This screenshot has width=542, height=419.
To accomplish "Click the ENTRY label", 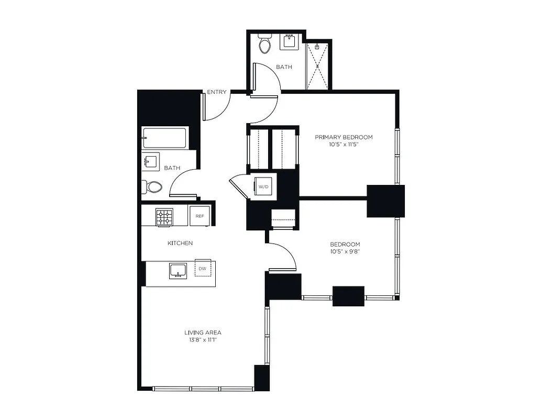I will click(x=217, y=92).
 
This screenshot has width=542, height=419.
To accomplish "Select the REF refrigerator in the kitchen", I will click(x=200, y=216).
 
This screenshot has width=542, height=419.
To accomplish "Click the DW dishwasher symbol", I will click(x=202, y=268).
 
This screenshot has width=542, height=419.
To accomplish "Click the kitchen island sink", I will click(x=179, y=271).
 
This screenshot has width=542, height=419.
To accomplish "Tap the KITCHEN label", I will click(x=180, y=243).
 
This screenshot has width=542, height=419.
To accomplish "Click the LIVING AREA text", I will click(x=203, y=332).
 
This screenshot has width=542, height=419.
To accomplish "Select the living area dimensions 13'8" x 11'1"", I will click(x=203, y=340).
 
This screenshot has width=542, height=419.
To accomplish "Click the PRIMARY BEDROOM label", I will click(x=344, y=137).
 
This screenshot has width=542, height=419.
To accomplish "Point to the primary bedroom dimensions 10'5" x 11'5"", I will click(x=344, y=145).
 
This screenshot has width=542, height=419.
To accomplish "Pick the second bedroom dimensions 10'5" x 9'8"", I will click(x=345, y=251).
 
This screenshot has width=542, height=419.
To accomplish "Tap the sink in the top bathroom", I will click(x=289, y=41).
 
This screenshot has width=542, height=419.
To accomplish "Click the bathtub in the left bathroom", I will click(x=164, y=138).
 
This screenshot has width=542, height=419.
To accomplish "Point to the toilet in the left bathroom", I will click(x=152, y=186).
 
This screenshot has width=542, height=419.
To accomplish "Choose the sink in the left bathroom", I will click(x=150, y=162).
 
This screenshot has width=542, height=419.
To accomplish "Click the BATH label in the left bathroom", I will click(x=172, y=168).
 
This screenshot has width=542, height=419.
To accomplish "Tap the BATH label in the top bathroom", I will click(x=284, y=67).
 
